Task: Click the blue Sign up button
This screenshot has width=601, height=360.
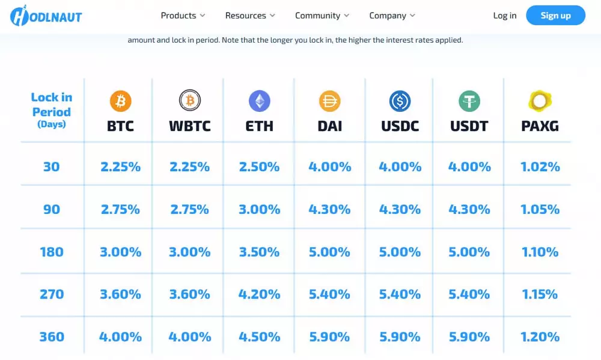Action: [x=555, y=16]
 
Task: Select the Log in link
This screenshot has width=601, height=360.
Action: [x=504, y=16]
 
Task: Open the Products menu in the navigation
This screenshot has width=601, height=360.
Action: [x=183, y=16]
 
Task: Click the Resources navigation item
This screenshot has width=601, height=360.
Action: [x=250, y=16]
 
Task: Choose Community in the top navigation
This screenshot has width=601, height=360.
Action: [x=323, y=16]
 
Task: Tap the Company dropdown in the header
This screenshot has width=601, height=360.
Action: [x=392, y=16]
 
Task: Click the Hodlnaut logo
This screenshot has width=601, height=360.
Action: [x=46, y=16]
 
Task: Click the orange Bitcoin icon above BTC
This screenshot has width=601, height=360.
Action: [x=120, y=101]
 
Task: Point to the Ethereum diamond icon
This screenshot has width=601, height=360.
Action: [x=260, y=101]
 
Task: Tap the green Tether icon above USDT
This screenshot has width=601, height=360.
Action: [x=469, y=101]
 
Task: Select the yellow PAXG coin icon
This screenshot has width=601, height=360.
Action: [x=540, y=101]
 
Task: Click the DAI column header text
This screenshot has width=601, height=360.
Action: [x=329, y=126]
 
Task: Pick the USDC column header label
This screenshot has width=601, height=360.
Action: [x=400, y=126]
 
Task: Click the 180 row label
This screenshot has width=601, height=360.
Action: [x=52, y=252]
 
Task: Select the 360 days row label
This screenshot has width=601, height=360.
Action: [x=52, y=337]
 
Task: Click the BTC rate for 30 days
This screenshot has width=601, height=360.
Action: [x=120, y=166]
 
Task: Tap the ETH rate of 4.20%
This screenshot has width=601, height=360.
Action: [x=260, y=294]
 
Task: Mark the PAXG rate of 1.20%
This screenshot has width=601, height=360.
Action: [x=540, y=337]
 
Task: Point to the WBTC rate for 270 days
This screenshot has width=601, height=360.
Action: [x=189, y=294]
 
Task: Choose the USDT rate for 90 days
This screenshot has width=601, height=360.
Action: [x=469, y=209]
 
